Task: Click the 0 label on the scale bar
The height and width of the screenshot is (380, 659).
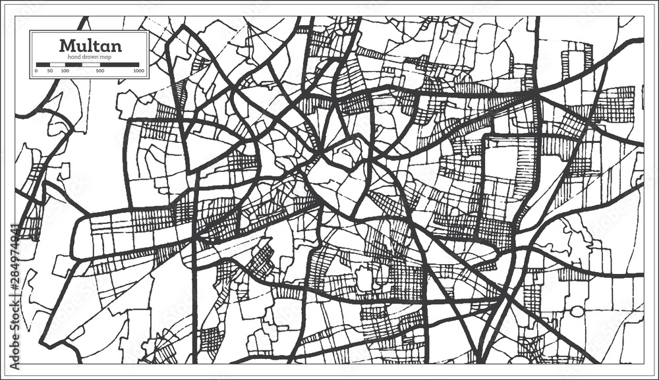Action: tap(36, 70)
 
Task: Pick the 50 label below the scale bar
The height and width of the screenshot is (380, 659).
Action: tap(49, 70)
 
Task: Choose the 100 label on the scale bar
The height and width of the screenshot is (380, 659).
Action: tap(65, 70)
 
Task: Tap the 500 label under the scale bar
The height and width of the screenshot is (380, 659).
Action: tap(100, 70)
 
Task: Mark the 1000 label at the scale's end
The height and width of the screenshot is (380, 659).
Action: tap(138, 70)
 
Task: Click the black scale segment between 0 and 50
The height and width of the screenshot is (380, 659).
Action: tap(43, 65)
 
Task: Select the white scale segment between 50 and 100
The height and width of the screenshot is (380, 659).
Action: tap(57, 65)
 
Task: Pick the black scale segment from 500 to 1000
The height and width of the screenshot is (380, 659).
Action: tap(119, 65)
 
